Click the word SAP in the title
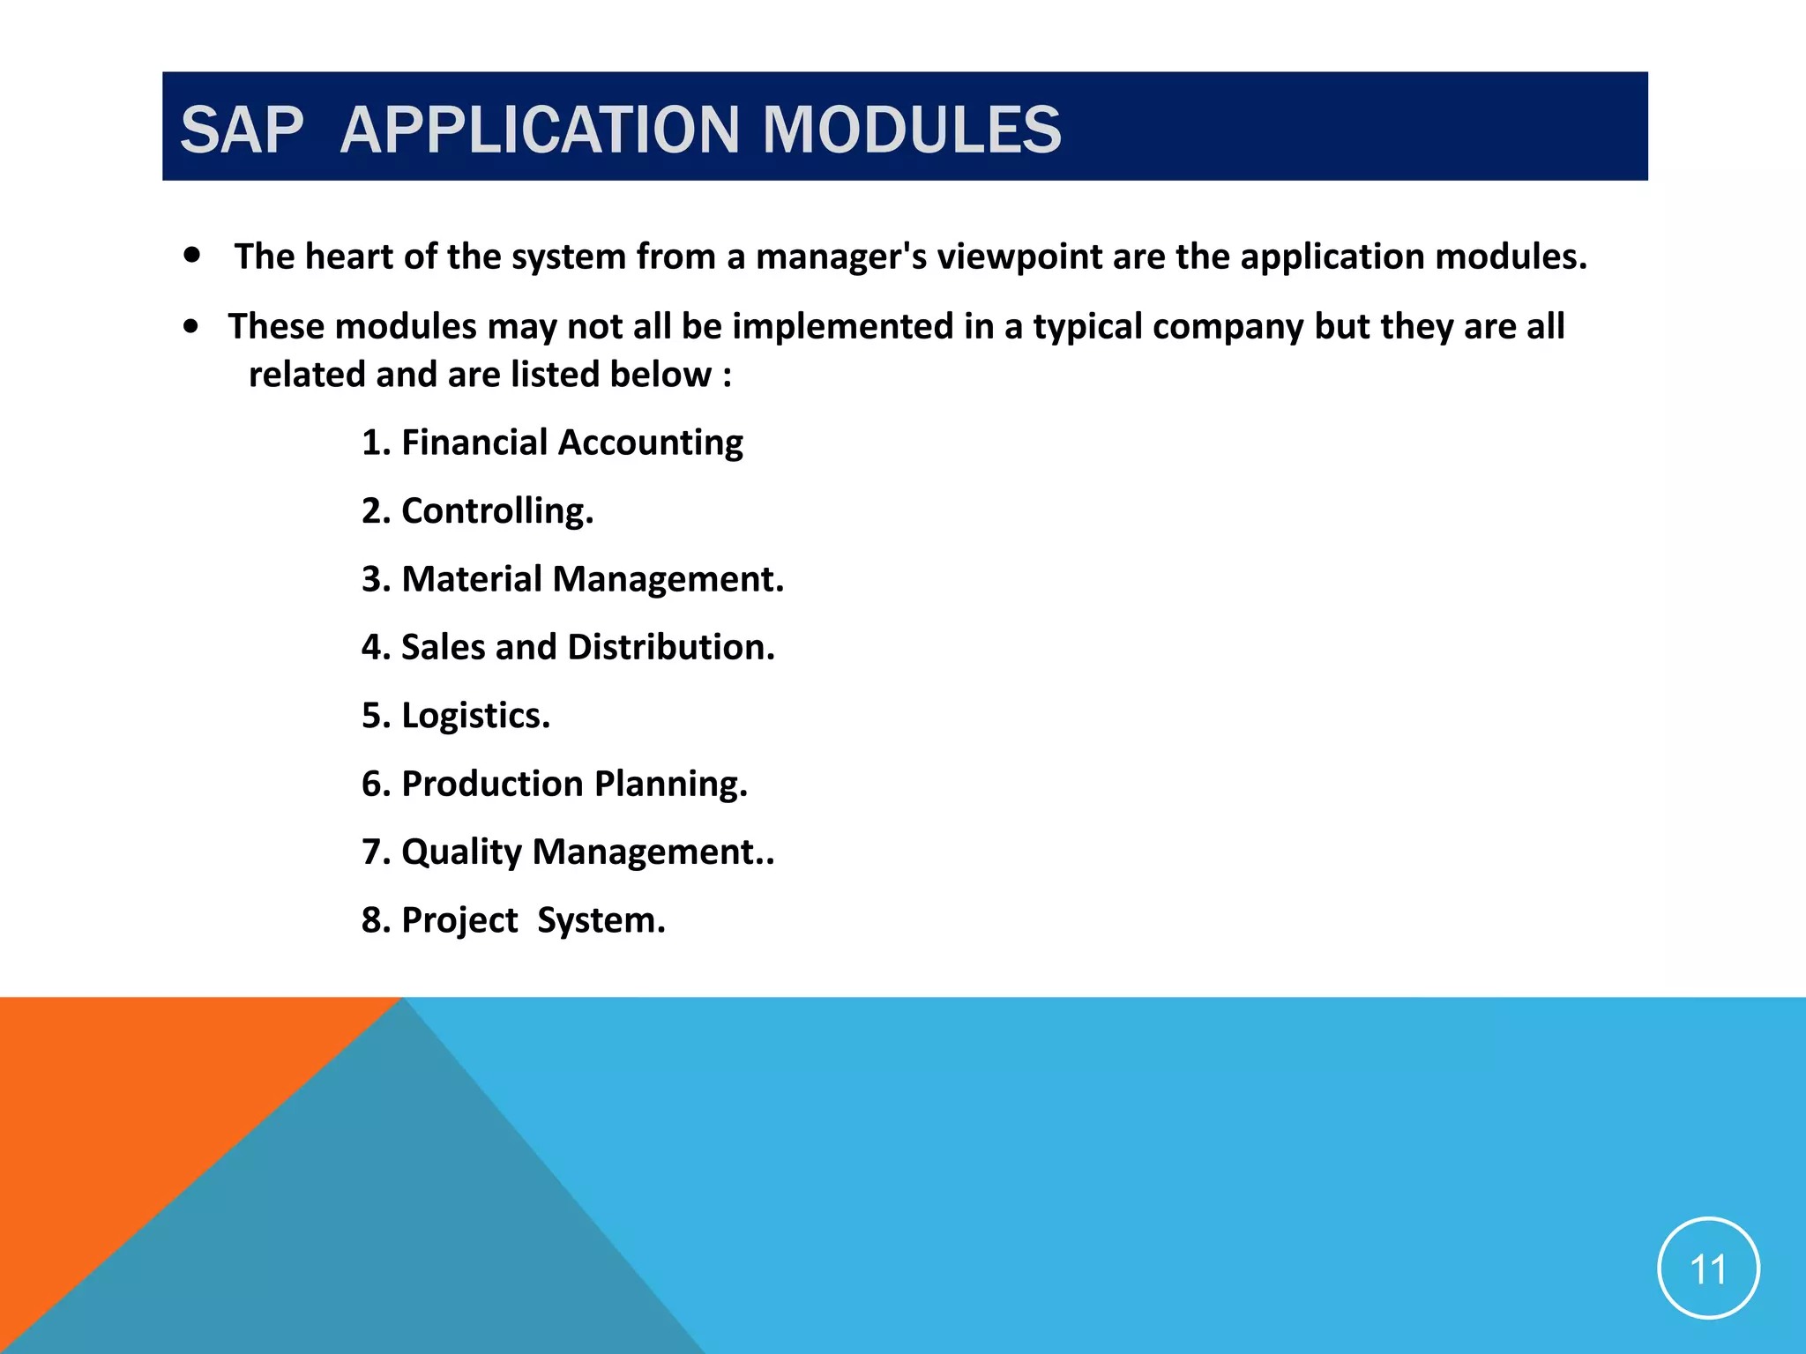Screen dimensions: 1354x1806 (x=242, y=130)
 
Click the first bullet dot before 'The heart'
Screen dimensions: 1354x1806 (x=192, y=256)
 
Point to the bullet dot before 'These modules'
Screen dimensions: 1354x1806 (x=191, y=326)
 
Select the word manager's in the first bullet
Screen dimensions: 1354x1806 (x=840, y=257)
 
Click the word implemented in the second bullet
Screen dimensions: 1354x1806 (x=842, y=327)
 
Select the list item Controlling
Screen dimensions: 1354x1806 (x=497, y=511)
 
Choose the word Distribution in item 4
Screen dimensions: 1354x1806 (x=670, y=647)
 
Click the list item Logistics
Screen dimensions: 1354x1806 (x=475, y=716)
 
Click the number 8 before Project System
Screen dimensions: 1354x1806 (x=371, y=920)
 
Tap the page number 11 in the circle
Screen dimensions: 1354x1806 (x=1708, y=1269)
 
